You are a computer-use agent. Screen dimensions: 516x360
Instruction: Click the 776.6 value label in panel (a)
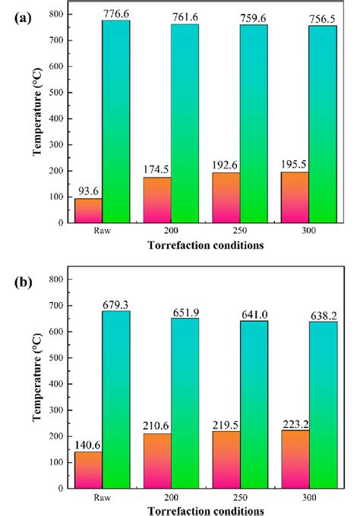click(116, 13)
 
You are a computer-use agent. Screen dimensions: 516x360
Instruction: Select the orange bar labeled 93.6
click(88, 210)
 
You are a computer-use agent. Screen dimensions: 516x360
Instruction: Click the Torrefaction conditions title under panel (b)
click(206, 509)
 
